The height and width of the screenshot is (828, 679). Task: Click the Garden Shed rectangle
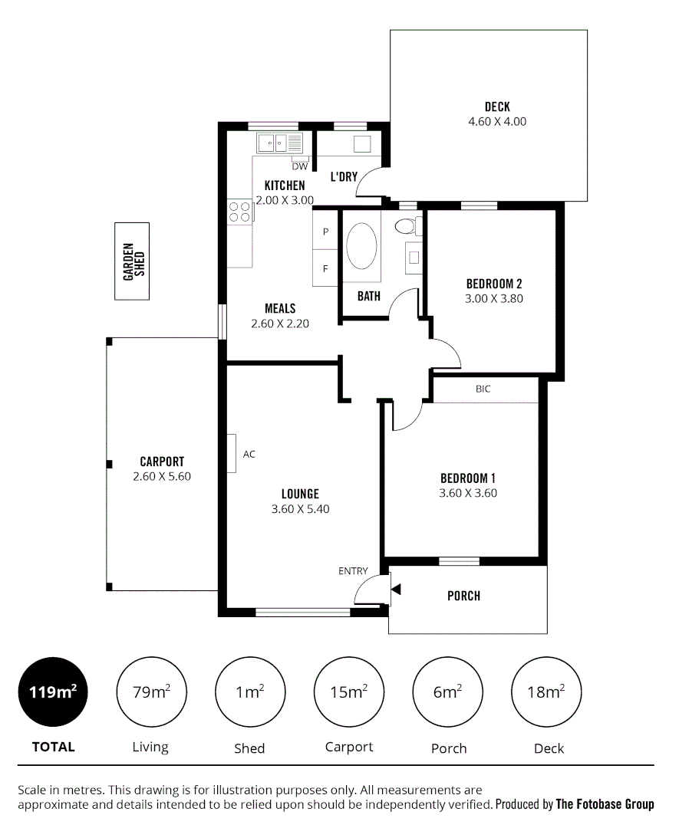pos(131,261)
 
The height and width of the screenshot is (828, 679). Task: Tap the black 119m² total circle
pos(53,692)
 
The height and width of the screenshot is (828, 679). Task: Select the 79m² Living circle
pos(151,692)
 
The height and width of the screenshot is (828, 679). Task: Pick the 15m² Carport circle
pos(348,692)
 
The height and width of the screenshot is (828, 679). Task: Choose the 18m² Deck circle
pos(546,692)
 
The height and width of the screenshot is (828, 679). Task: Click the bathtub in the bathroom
pos(361,245)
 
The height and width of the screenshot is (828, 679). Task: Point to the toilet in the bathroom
pos(407,226)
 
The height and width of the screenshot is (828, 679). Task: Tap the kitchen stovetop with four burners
pos(239,212)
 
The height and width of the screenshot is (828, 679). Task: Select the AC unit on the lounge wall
pos(231,454)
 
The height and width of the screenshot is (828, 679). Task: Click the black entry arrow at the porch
pos(396,590)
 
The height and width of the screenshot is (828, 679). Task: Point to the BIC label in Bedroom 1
pos(483,389)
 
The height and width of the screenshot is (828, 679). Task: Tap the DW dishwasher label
pos(299,166)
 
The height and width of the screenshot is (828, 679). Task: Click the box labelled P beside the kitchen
pos(325,231)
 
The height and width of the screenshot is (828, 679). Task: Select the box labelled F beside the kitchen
pos(325,268)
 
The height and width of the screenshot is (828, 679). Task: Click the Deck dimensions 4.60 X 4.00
pos(497,121)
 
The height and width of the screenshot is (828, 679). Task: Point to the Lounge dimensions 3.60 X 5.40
pos(300,508)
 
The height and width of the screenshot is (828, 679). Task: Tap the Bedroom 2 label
pos(494,284)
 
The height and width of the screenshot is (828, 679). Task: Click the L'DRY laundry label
pos(344,177)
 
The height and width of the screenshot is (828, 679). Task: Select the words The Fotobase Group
pos(605,804)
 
